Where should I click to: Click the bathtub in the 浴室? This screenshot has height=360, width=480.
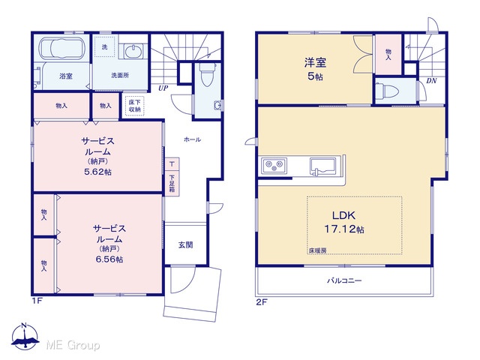tap(61, 47)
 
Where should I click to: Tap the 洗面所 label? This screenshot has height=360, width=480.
tap(120, 75)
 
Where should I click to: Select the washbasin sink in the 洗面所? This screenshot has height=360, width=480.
tap(133, 50)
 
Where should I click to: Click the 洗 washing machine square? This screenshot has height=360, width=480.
tap(105, 46)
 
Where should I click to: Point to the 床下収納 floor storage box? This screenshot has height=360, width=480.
tap(134, 106)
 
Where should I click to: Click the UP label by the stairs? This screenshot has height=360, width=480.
tap(163, 88)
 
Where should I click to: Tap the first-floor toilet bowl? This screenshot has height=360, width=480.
tap(207, 74)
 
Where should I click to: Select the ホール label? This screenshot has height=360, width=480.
tap(192, 139)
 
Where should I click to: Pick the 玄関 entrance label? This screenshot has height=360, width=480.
tap(185, 245)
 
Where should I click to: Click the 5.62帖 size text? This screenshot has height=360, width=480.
tap(97, 172)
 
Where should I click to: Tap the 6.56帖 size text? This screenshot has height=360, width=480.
tap(109, 259)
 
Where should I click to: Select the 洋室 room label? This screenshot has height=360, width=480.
tap(315, 62)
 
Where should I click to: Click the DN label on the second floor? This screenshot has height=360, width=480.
tap(431, 81)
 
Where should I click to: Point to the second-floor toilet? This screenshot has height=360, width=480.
tap(388, 91)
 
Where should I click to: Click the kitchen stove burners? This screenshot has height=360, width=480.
tap(274, 166)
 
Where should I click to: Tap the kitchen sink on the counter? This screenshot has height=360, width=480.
tap(322, 166)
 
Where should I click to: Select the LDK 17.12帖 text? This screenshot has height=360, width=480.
tap(344, 222)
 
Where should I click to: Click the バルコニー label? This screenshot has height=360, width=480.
tap(344, 280)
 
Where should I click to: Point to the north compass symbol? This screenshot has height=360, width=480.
tap(25, 336)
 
